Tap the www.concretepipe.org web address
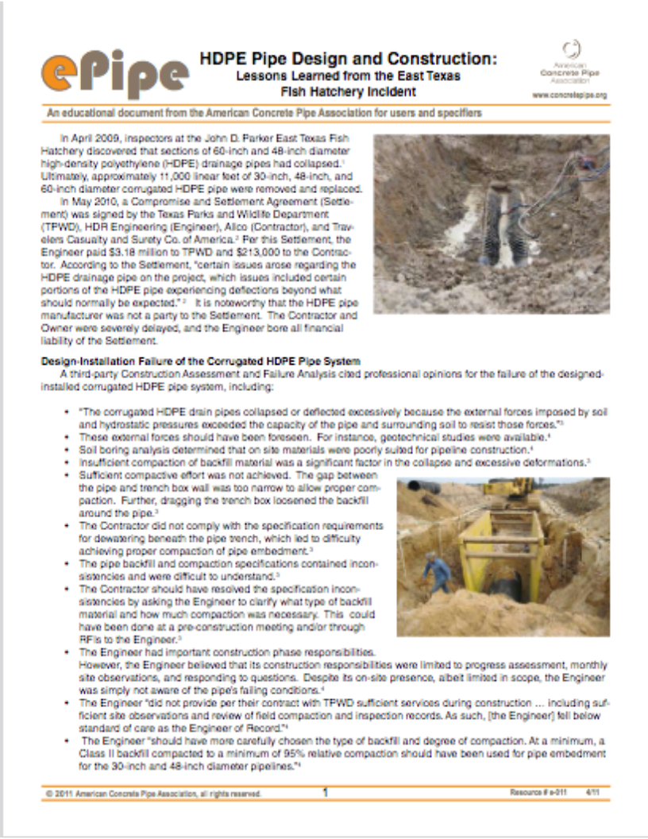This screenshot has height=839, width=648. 569,95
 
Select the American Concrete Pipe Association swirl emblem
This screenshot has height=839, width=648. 569,49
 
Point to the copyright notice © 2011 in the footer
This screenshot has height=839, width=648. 62,793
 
